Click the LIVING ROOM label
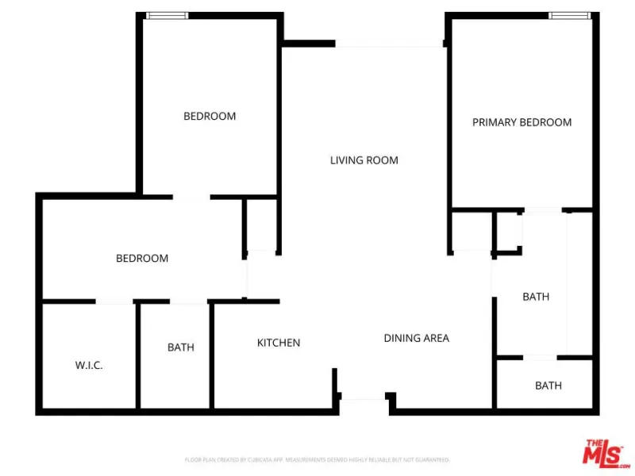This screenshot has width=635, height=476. click(364, 160)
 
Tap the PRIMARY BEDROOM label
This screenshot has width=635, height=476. click(521, 122)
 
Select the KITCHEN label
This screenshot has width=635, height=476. click(279, 343)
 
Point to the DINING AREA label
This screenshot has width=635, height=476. click(417, 338)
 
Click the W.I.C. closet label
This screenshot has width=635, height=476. click(89, 366)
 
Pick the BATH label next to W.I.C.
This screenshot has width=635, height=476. click(181, 347)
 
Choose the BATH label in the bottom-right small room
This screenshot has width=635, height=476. click(548, 386)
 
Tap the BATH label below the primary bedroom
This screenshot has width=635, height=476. click(536, 297)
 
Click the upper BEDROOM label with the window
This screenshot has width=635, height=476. click(210, 116)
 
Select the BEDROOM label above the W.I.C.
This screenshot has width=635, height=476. click(142, 258)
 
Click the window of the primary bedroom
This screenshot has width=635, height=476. click(570, 15)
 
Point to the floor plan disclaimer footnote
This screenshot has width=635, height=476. click(317, 459)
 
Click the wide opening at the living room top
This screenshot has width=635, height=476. click(389, 45)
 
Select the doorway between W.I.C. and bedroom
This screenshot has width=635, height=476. click(114, 302)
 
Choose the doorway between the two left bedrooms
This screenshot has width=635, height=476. click(191, 197)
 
